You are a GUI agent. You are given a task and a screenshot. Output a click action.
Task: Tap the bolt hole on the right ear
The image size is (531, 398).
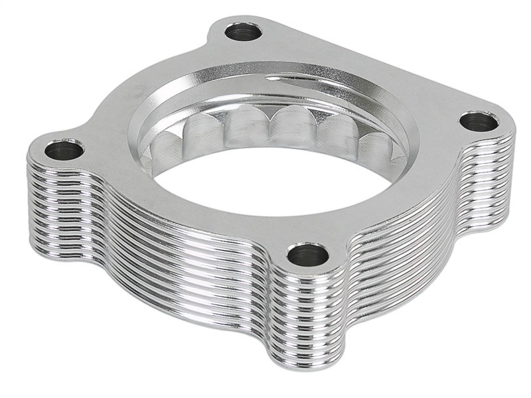tap(479, 121)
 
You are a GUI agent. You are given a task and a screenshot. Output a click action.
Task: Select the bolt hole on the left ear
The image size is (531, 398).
tap(64, 149)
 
